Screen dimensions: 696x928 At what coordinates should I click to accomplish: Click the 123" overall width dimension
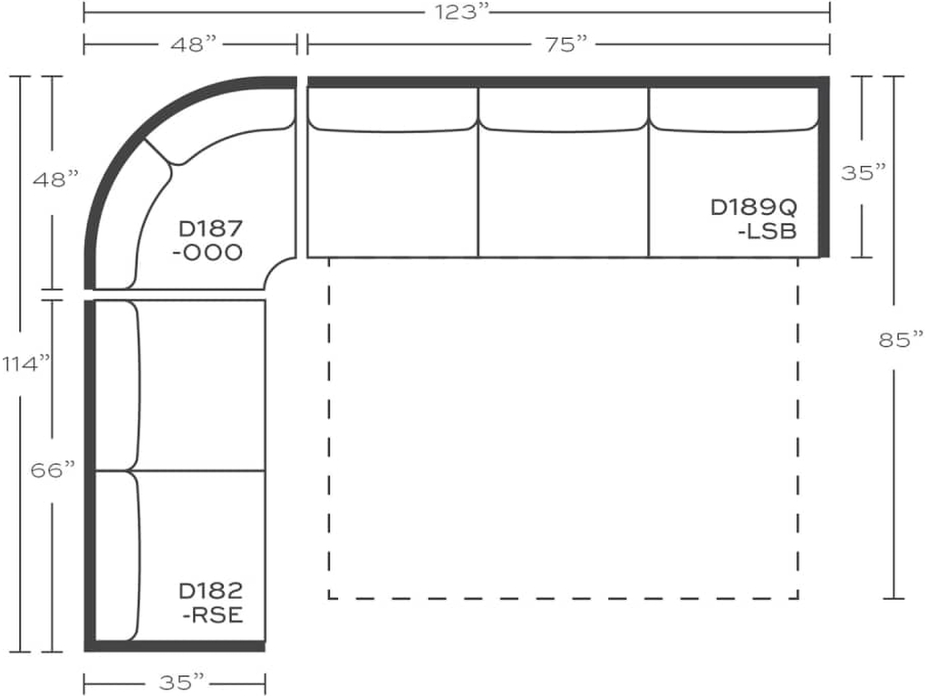coord(457,12)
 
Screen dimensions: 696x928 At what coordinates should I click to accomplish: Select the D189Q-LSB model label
coord(754,219)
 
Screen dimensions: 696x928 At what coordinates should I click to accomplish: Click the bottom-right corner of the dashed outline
coord(797,598)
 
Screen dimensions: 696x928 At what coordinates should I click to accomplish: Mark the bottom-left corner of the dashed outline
coord(329,598)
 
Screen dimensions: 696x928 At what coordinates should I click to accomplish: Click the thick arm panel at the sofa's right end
coord(824,168)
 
